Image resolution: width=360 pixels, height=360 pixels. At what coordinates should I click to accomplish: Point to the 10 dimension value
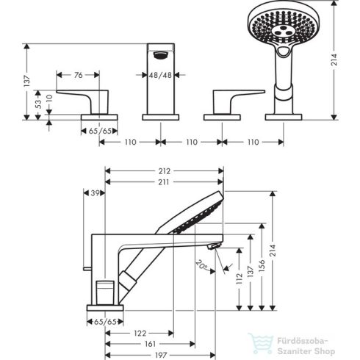point(49,98)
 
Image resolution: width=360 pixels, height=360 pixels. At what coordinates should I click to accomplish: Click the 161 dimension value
point(149,343)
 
